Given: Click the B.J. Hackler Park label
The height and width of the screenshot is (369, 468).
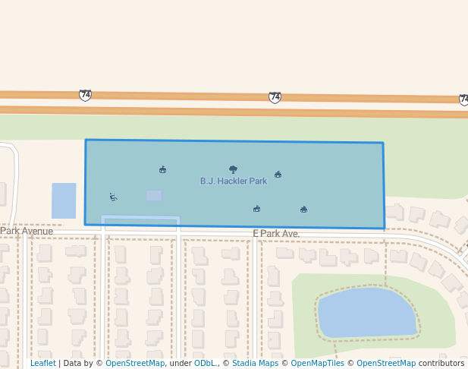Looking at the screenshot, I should point(233,181).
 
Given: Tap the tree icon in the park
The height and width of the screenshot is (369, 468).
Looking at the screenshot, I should point(233,170).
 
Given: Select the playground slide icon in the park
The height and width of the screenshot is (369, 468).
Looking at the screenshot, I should point(113,197).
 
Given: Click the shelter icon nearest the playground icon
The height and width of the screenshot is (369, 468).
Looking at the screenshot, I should point(162,169).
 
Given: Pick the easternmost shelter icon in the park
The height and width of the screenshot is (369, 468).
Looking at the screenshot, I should point(303,209).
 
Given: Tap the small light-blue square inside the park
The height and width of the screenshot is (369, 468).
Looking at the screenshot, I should point(154,196).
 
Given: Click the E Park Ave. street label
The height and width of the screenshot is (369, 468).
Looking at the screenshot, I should point(276,234).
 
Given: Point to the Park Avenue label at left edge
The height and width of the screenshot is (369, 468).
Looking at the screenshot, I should point(27,231).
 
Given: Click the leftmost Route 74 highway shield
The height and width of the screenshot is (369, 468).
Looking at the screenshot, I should point(85,95).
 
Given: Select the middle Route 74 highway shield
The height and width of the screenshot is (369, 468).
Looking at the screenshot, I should point(275,97).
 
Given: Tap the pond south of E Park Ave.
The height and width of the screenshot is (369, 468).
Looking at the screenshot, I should point(366,313).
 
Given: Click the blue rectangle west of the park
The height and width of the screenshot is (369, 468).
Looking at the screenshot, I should point(64,200).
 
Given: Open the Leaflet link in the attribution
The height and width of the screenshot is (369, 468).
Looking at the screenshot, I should point(42,364).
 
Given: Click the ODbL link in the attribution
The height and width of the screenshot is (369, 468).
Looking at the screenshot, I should point(205,364).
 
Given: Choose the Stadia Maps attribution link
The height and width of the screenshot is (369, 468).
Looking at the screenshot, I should point(255,364).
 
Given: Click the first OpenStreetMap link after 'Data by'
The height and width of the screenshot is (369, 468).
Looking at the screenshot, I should point(135,364).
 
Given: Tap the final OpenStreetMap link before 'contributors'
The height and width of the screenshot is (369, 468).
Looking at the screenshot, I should point(385,364).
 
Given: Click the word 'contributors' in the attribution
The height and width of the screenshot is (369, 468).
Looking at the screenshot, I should point(441,364).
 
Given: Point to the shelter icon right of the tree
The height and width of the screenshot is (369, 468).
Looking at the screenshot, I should point(278,174).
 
